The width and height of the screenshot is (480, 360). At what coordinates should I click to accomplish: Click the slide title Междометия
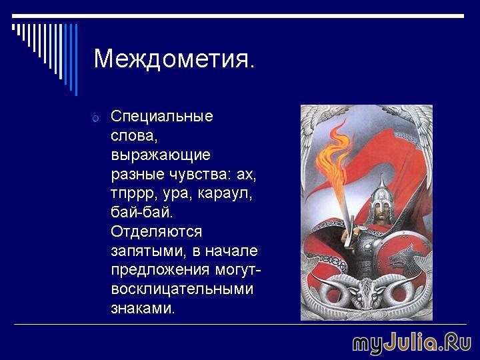[174, 59]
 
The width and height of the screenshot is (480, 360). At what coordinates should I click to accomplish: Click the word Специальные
[162, 116]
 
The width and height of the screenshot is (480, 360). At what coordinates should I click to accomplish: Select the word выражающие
[161, 155]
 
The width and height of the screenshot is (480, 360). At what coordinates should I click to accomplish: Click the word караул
[225, 194]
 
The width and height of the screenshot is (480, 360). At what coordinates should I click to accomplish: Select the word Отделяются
[157, 232]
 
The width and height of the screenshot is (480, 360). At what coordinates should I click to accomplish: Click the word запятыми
[149, 251]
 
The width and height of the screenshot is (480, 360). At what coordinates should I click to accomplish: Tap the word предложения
[161, 271]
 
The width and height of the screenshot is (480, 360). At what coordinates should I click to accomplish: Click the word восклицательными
[182, 289]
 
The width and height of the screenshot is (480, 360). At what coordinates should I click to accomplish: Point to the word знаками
[143, 309]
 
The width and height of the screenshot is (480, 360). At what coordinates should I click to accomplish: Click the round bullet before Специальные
[95, 118]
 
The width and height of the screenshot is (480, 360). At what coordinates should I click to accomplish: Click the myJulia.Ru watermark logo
[412, 343]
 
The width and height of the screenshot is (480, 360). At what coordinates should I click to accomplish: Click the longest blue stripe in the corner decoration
[76, 60]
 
